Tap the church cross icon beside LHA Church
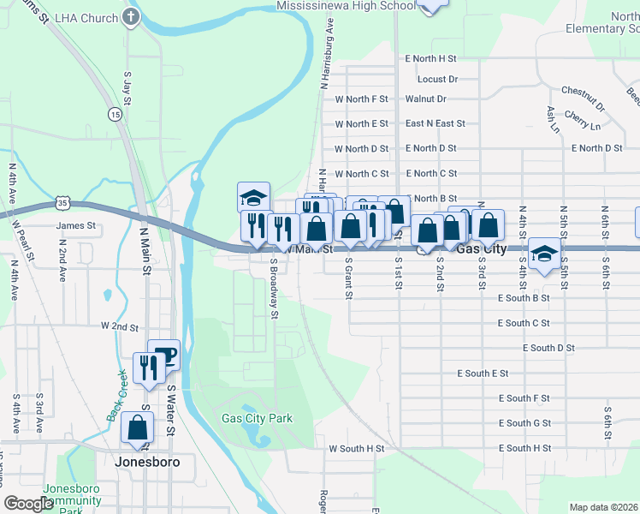[x=130, y=17]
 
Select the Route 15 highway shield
[x=115, y=113]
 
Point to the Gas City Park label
[x=257, y=418]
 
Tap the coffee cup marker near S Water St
[x=163, y=355]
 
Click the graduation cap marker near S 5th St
[x=542, y=254]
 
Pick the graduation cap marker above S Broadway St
[x=254, y=197]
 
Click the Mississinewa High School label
[x=347, y=5]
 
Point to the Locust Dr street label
[x=438, y=79]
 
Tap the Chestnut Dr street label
[x=583, y=90]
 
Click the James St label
[x=75, y=226]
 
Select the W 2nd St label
[x=119, y=326]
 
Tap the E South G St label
[x=524, y=423]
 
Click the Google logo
[x=29, y=504]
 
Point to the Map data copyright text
[x=602, y=507]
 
